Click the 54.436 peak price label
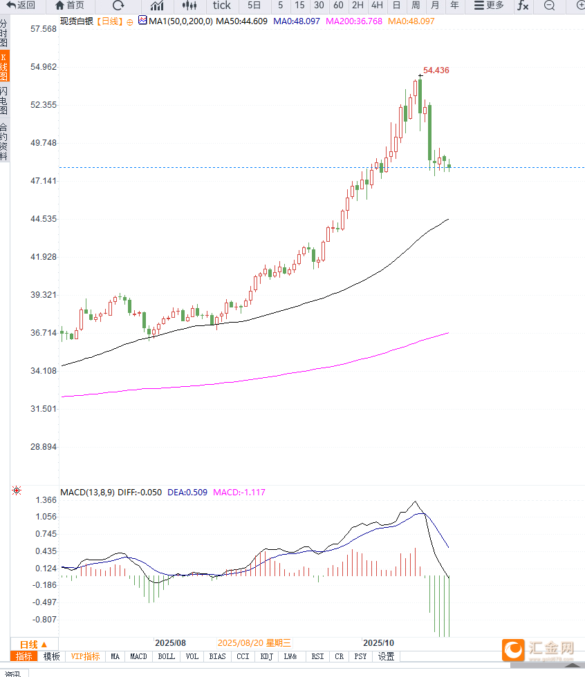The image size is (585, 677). [436, 70]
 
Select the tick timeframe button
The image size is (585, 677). [221, 6]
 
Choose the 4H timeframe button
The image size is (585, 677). [377, 6]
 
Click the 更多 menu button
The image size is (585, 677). [489, 6]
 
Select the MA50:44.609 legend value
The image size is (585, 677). [241, 21]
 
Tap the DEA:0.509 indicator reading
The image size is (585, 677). [187, 493]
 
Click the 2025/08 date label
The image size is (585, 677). [171, 642]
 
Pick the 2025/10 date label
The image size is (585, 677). [378, 642]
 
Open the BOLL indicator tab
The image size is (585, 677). [166, 656]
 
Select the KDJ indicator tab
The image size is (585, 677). [267, 656]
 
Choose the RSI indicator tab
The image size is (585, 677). [317, 656]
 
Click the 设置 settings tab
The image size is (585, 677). [386, 656]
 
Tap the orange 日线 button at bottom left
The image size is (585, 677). [33, 643]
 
